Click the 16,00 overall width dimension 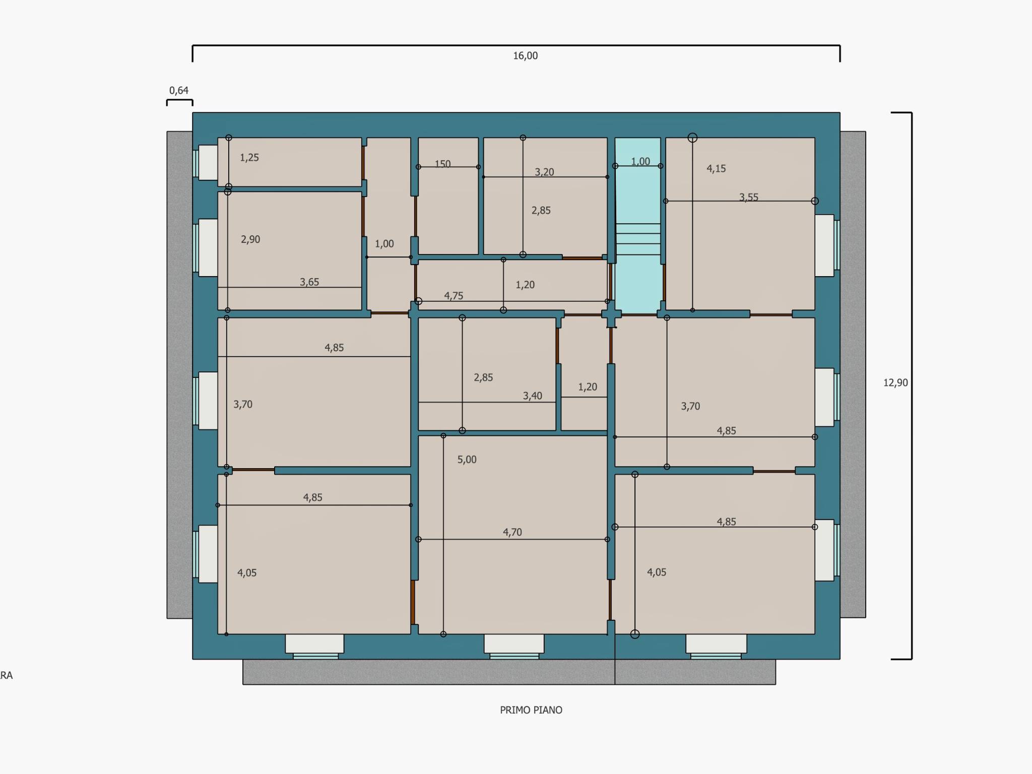point(526,56)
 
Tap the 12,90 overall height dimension point(895,383)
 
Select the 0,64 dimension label point(179,91)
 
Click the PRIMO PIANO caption point(531,710)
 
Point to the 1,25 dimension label point(249,158)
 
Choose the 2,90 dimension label point(250,239)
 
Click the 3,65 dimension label point(309,282)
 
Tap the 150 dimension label point(442,164)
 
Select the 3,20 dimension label point(544,172)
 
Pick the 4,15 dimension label point(716,169)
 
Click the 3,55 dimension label point(749,198)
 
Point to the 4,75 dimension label point(454,296)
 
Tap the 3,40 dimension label point(533,396)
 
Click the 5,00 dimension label point(467,460)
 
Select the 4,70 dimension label point(512,532)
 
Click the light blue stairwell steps point(638,239)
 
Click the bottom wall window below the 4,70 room point(514,647)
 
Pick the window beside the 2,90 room point(206,247)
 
